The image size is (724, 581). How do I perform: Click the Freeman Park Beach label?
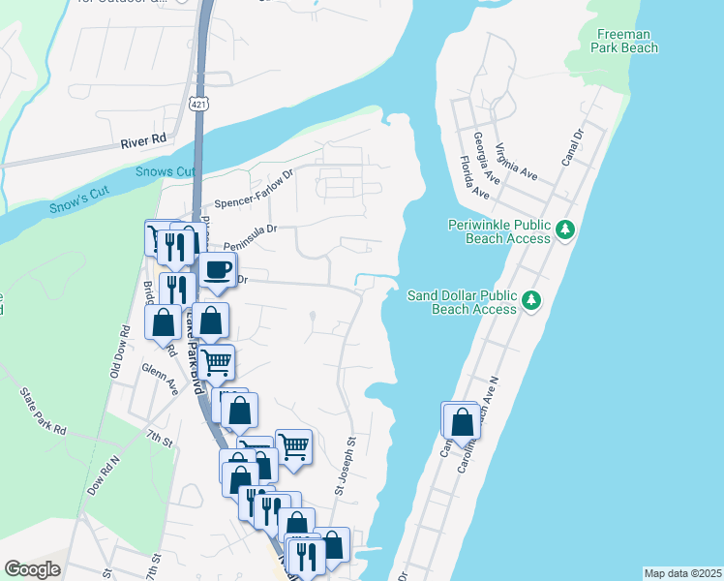[626, 41]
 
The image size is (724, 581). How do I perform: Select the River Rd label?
[143, 140]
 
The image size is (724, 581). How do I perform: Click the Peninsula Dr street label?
[251, 230]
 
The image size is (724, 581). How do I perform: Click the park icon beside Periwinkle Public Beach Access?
[566, 230]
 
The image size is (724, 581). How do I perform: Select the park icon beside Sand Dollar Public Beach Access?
[531, 301]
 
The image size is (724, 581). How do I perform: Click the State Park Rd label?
[43, 411]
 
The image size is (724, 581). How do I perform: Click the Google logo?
[32, 569]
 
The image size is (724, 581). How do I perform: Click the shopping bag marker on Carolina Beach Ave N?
[462, 422]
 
